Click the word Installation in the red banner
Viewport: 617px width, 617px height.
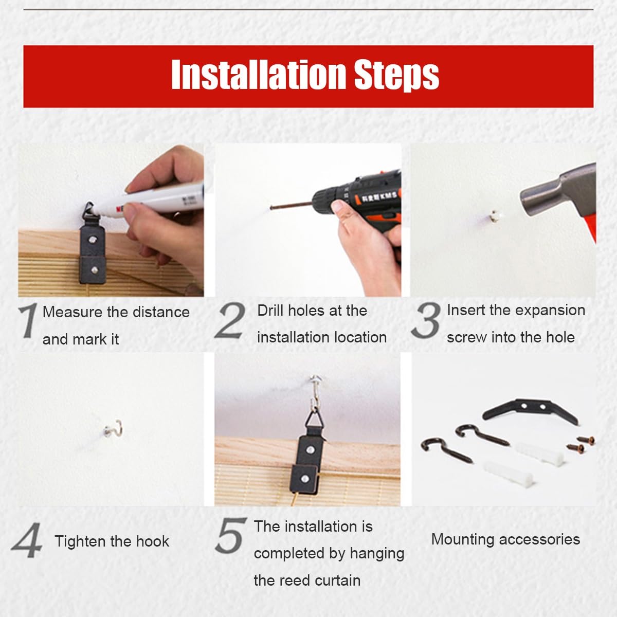click(259, 75)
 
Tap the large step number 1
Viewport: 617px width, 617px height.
click(28, 320)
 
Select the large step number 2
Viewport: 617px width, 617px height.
click(230, 320)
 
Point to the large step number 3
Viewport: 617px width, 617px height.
click(426, 320)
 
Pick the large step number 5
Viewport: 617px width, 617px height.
click(230, 536)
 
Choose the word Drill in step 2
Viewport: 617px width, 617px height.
click(270, 310)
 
